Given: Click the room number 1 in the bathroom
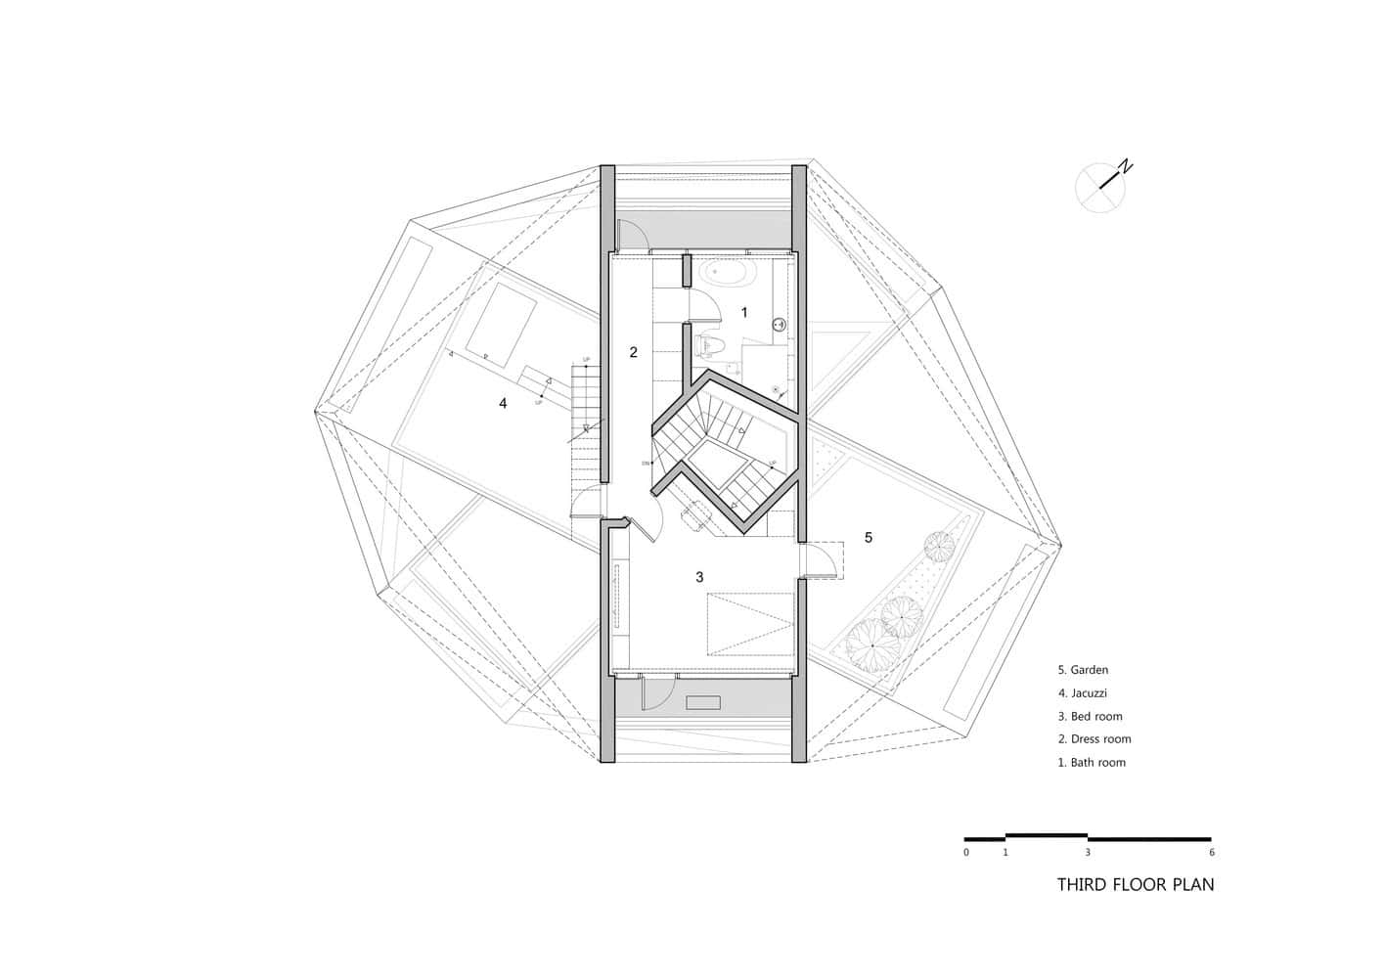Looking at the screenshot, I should click(743, 313).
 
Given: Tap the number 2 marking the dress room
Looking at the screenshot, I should click(633, 352).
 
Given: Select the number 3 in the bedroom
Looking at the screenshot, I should click(699, 577).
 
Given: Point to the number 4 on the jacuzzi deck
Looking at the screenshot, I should click(503, 403).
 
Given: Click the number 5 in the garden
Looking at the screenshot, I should click(868, 537).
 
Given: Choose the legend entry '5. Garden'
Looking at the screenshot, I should click(1083, 670).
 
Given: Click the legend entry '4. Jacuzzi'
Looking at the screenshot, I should click(1083, 693).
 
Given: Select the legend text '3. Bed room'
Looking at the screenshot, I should click(1090, 717).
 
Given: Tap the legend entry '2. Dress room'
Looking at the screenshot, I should click(1094, 739).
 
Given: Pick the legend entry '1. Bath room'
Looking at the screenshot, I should click(1092, 763).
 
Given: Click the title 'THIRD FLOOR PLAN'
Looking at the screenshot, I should click(1135, 885).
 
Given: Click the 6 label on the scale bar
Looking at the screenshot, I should click(1211, 853).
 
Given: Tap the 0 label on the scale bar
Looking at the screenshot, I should click(966, 853).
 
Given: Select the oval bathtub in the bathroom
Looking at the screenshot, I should click(725, 273).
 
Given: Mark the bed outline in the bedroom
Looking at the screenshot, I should click(750, 623).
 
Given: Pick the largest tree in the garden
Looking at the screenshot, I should click(872, 645).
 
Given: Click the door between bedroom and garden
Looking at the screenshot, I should click(820, 560).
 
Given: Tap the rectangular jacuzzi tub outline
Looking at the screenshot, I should click(501, 325).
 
